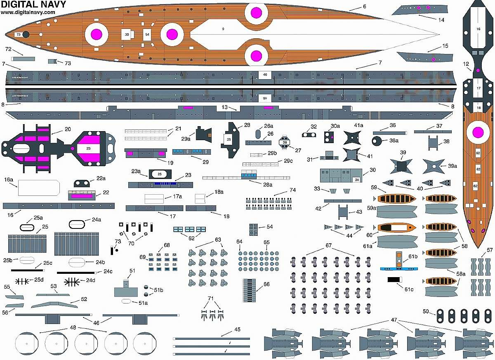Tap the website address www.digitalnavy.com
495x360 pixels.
pyautogui.click(x=28, y=12)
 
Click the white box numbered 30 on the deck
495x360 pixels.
pyautogui.click(x=127, y=35)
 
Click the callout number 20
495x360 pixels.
pyautogui.click(x=67, y=129)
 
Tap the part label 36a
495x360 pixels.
pyautogui.click(x=394, y=141)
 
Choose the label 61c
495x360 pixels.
pyautogui.click(x=408, y=289)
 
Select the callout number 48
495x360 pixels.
pyautogui.click(x=73, y=327)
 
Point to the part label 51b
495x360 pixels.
pyautogui.click(x=158, y=290)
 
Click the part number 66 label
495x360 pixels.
pyautogui.click(x=266, y=285)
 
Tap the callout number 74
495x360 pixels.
pyautogui.click(x=292, y=190)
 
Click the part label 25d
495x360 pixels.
pyautogui.click(x=38, y=280)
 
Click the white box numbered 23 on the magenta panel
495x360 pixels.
pyautogui.click(x=88, y=148)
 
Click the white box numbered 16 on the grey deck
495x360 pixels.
pyautogui.click(x=478, y=29)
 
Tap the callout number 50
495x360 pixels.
pyautogui.click(x=426, y=311)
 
